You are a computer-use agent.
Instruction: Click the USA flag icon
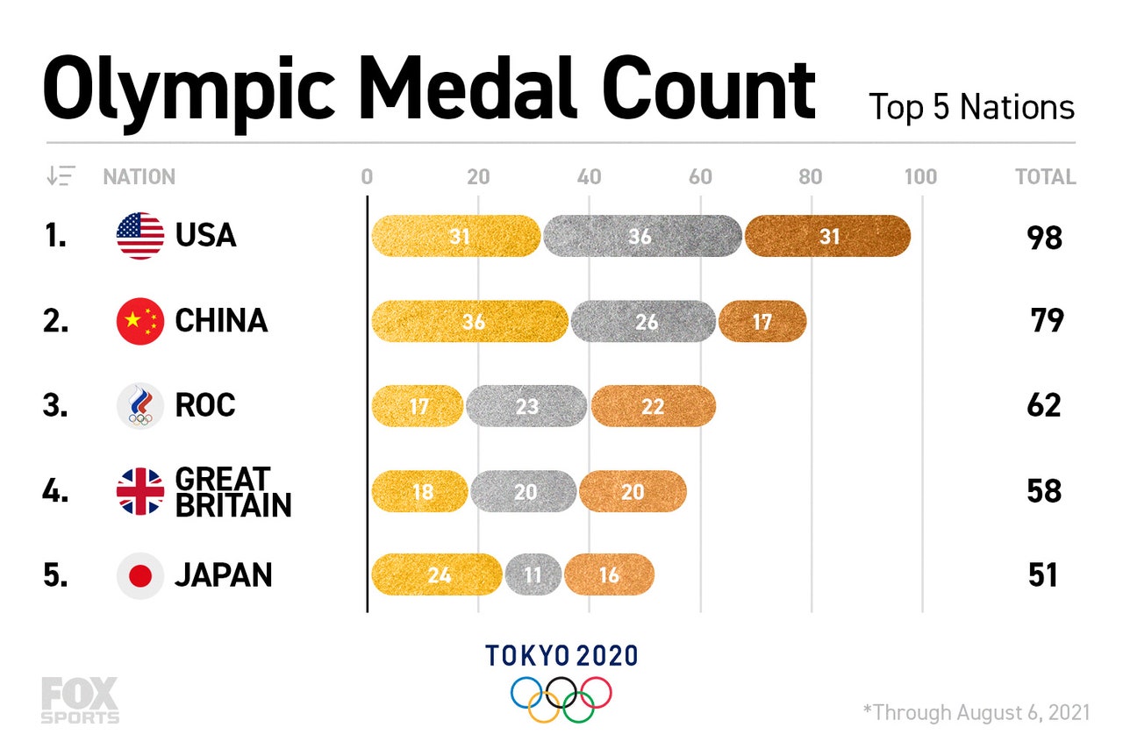(140, 236)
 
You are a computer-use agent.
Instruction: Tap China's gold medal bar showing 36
(470, 321)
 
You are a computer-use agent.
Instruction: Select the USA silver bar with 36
(642, 236)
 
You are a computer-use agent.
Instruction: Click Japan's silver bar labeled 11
(533, 575)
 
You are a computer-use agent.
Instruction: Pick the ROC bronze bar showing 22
(653, 406)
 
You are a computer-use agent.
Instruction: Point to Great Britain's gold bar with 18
(420, 491)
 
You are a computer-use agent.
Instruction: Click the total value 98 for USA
(1045, 237)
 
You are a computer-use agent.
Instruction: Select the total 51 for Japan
(1043, 576)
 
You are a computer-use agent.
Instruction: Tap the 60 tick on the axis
(700, 177)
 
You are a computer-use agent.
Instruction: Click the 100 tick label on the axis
(920, 177)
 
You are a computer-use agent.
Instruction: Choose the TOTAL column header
(1045, 177)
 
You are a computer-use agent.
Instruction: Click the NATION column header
(139, 177)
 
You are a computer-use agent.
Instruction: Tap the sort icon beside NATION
(61, 176)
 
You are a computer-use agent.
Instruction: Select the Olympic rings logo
(561, 698)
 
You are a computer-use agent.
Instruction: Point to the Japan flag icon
(140, 576)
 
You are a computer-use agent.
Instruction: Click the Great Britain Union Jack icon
(140, 491)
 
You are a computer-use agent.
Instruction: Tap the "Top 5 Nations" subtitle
(971, 108)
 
